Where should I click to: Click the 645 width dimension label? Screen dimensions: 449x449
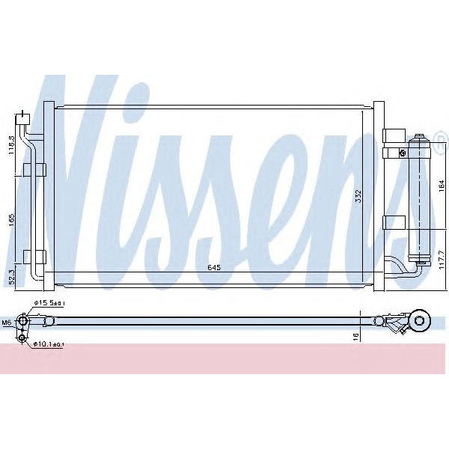click(x=213, y=268)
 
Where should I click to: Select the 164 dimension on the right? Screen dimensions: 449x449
click(x=442, y=184)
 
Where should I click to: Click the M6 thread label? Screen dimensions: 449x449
click(x=7, y=323)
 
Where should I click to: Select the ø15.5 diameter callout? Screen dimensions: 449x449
click(x=49, y=303)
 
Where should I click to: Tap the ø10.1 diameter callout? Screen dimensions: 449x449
click(x=49, y=345)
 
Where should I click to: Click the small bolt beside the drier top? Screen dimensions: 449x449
click(x=404, y=153)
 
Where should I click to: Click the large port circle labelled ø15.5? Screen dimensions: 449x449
click(x=25, y=323)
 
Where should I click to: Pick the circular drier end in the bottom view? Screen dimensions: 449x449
click(x=421, y=323)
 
